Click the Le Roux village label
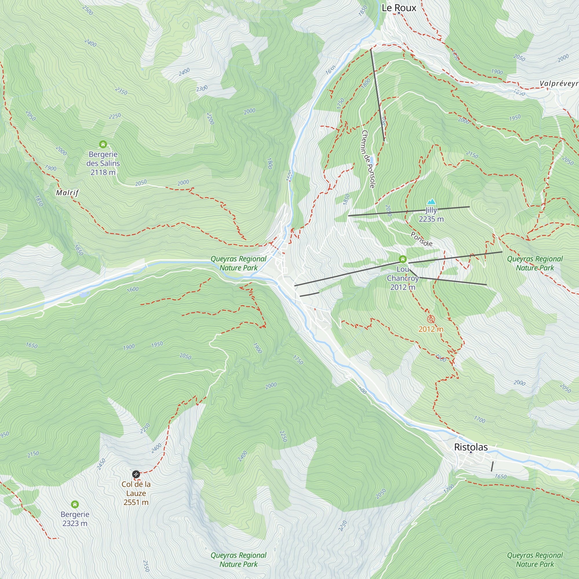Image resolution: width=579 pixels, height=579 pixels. (399, 8)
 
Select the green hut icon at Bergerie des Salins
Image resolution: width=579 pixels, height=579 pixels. (103, 144)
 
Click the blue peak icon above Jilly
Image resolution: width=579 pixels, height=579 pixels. (431, 201)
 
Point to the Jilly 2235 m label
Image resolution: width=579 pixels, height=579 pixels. (431, 215)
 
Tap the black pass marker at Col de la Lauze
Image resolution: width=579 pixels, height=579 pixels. (136, 474)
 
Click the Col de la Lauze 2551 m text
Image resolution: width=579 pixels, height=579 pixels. (136, 493)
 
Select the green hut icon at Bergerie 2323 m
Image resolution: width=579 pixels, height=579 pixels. (75, 504)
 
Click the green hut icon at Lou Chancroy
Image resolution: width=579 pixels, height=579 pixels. (402, 259)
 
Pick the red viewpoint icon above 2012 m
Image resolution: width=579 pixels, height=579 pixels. (431, 319)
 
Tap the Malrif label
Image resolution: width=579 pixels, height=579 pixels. (67, 193)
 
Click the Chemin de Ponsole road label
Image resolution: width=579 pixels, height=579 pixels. (368, 159)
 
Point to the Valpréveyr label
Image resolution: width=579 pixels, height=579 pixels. (559, 83)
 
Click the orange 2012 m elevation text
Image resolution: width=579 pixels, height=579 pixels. (431, 329)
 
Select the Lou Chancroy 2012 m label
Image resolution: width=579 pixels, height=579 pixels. (402, 278)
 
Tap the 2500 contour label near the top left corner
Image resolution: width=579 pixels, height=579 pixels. (87, 10)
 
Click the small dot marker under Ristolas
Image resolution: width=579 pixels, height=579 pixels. (471, 452)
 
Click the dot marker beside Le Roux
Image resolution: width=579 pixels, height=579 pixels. (399, 13)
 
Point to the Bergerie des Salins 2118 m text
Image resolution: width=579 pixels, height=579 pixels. (103, 163)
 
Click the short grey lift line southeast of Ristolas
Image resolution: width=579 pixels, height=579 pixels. (492, 466)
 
